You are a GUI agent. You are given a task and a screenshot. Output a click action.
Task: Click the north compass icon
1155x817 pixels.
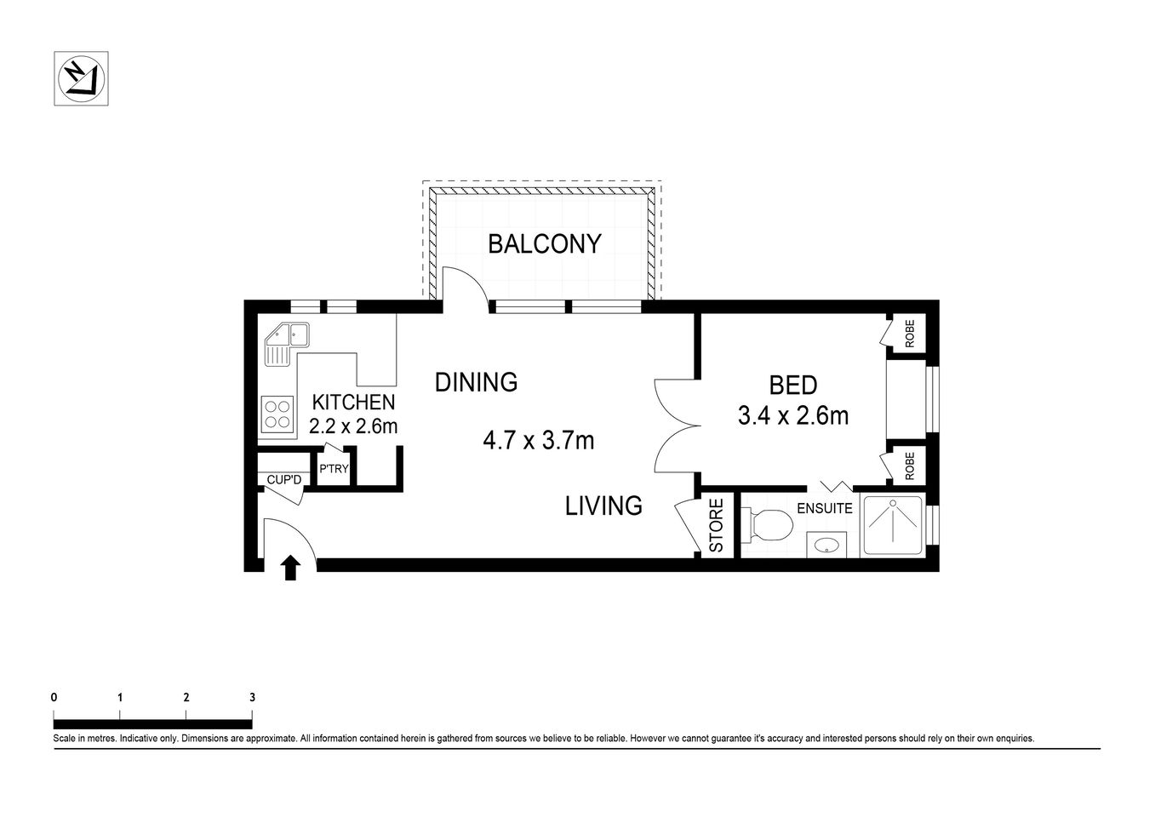point(82,79)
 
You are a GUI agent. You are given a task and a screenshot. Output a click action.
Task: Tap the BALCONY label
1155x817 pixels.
point(544,244)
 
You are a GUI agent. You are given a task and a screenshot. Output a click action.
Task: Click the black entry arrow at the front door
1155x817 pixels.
point(290,567)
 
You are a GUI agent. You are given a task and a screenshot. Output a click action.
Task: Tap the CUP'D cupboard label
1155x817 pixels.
point(284,481)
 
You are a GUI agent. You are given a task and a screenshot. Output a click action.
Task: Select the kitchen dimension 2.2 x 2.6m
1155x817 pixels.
point(352,426)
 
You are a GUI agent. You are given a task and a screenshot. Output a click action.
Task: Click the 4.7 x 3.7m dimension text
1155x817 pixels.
point(538,440)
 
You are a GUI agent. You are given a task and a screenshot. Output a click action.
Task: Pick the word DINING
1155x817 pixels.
point(476,382)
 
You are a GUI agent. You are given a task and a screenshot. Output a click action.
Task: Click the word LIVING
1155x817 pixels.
point(603,506)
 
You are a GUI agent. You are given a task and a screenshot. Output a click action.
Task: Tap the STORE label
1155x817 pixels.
point(717,526)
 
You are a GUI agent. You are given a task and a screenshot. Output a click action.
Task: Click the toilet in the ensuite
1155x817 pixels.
point(764,525)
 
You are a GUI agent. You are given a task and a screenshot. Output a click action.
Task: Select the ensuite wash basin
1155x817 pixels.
point(825,544)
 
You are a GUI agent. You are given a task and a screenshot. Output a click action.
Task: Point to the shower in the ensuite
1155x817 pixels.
point(891,526)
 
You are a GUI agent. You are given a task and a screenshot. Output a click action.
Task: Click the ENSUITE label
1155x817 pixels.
point(824,509)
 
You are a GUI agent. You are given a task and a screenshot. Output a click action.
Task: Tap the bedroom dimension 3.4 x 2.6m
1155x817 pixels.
point(792,416)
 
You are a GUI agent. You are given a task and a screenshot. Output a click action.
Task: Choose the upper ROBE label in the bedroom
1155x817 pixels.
point(909,333)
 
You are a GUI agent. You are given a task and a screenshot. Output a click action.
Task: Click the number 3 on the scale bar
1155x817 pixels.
point(252,697)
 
